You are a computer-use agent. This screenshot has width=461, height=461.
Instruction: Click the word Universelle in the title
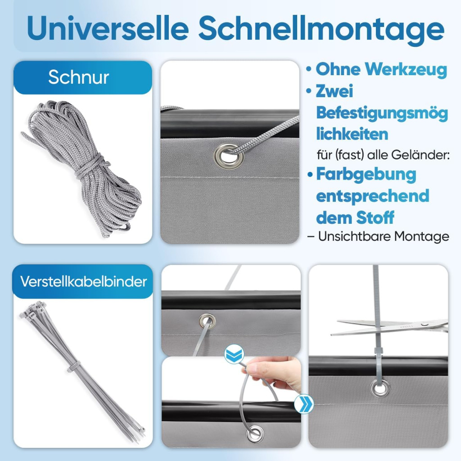[x=108, y=28]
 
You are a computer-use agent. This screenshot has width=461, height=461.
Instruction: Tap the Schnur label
[x=78, y=77]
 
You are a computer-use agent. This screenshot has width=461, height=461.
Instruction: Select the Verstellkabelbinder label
[x=83, y=282]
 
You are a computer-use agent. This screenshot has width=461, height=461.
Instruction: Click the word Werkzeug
[x=406, y=70]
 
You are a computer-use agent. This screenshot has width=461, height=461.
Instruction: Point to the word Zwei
[x=334, y=91]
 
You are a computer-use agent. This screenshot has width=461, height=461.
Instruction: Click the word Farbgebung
[x=366, y=175]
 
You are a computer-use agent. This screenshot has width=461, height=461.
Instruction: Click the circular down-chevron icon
[x=234, y=354]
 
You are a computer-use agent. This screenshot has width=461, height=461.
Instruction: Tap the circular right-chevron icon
[x=304, y=404]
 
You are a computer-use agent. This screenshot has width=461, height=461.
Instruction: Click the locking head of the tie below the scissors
[x=378, y=352]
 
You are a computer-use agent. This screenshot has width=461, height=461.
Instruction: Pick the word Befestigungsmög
[x=382, y=113]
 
